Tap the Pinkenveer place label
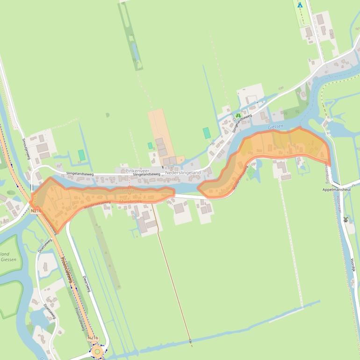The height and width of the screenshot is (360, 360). [x=137, y=171]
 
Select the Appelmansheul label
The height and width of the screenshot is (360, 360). [x=336, y=190]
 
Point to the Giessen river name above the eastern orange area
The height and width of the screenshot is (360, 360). [x=276, y=127]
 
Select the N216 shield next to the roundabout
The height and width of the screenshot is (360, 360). [x=93, y=338]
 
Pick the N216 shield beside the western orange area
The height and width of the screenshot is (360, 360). [x=36, y=211]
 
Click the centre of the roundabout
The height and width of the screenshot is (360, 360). [x=97, y=351]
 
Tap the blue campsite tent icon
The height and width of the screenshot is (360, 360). [x=300, y=5]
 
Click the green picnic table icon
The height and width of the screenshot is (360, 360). [x=238, y=115]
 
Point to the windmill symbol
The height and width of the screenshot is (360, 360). [x=346, y=219]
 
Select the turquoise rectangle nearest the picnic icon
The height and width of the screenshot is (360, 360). [x=207, y=133]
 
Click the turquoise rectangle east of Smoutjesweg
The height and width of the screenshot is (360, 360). [x=82, y=155]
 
